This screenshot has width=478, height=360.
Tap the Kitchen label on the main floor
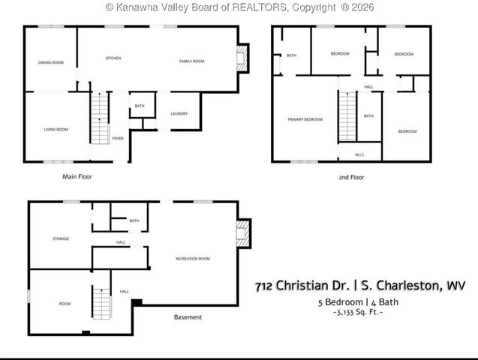(x=113, y=58)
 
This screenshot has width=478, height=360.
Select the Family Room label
(x=191, y=61)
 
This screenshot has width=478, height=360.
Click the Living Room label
(x=56, y=130)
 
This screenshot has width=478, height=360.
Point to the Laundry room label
(x=179, y=114)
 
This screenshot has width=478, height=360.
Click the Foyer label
(x=118, y=138)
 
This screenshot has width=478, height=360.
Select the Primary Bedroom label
(x=305, y=120)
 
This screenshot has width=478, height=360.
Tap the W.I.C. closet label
(x=359, y=155)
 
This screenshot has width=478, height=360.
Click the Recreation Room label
(x=192, y=258)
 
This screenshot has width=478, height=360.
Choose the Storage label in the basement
(x=61, y=239)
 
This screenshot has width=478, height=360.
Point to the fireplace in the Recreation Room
(x=243, y=234)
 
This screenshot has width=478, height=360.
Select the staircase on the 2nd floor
(x=347, y=117)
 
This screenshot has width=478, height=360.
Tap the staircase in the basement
(x=101, y=301)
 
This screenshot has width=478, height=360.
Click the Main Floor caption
(x=77, y=177)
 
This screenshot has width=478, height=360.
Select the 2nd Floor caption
(x=351, y=178)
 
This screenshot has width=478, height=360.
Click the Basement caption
(x=188, y=317)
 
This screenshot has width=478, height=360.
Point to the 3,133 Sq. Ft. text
(x=358, y=311)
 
